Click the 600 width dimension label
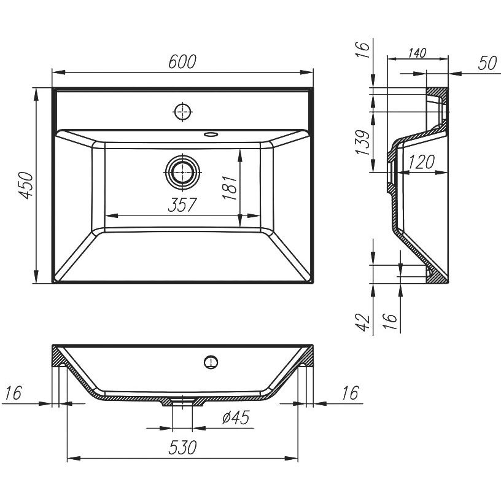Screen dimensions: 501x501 tap(182, 61)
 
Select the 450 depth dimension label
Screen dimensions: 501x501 tap(26, 185)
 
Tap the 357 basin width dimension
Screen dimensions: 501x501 tap(182, 205)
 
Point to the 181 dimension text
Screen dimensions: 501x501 tap(230, 187)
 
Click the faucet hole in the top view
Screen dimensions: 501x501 tap(182, 112)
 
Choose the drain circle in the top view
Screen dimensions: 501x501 tap(182, 172)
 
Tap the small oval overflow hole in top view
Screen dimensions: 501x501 tap(211, 134)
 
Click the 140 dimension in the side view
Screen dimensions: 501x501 tap(417, 53)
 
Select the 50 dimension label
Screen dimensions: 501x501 tap(487, 63)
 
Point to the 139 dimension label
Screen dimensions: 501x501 tap(363, 142)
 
